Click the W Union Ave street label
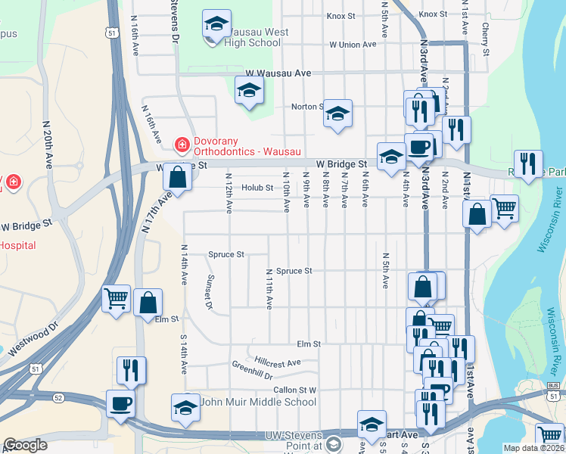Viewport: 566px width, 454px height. tap(353, 45)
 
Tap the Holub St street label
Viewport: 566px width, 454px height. tap(257, 188)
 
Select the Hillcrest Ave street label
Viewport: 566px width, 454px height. tap(278, 362)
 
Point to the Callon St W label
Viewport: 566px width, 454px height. tap(295, 390)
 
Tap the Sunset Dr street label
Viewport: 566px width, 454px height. tap(210, 291)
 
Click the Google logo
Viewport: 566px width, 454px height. tap(25, 445)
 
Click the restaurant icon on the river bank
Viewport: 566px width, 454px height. tap(527, 163)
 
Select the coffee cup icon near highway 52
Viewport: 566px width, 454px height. tap(120, 403)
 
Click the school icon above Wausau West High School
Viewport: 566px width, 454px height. tap(216, 24)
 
